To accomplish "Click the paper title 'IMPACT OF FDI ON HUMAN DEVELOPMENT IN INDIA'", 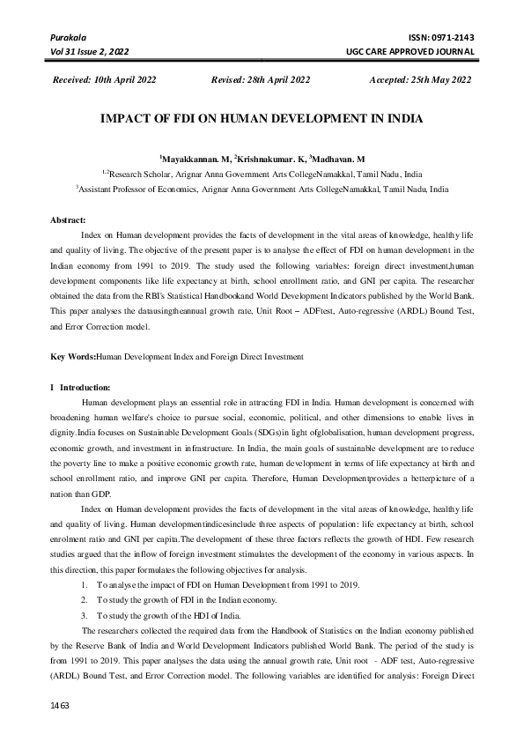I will (262, 118).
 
